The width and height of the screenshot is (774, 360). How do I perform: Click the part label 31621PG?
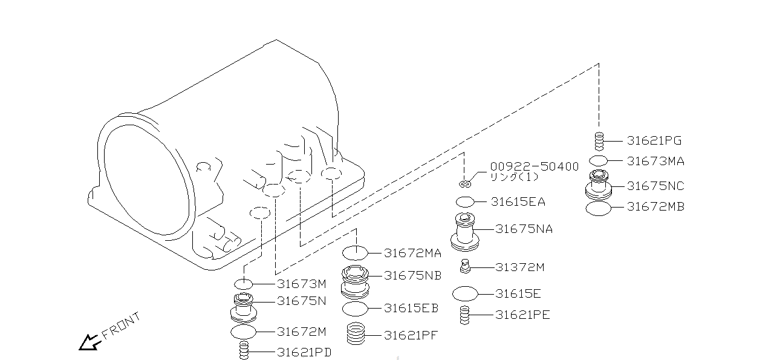(654, 141)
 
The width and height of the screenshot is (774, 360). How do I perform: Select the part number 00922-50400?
(534, 166)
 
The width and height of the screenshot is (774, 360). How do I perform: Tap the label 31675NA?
(524, 229)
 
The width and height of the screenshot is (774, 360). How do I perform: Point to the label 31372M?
(519, 267)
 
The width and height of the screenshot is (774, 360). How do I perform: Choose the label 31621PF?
(411, 335)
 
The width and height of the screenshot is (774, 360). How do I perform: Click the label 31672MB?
(655, 207)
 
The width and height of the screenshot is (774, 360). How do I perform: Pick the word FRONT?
(121, 326)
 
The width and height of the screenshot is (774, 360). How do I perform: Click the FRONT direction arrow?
(89, 343)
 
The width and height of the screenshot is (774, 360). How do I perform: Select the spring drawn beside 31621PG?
(599, 141)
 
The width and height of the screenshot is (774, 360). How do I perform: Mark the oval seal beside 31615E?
(465, 294)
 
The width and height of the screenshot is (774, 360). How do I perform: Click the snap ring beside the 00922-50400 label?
(464, 184)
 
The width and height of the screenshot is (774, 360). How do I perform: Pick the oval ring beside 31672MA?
(355, 252)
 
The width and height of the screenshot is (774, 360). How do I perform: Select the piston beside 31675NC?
(599, 184)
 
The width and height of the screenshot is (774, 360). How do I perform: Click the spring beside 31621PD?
(244, 351)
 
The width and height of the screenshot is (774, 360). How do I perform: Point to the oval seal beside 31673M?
(243, 284)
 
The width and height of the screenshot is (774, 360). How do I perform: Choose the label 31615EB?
(411, 309)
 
